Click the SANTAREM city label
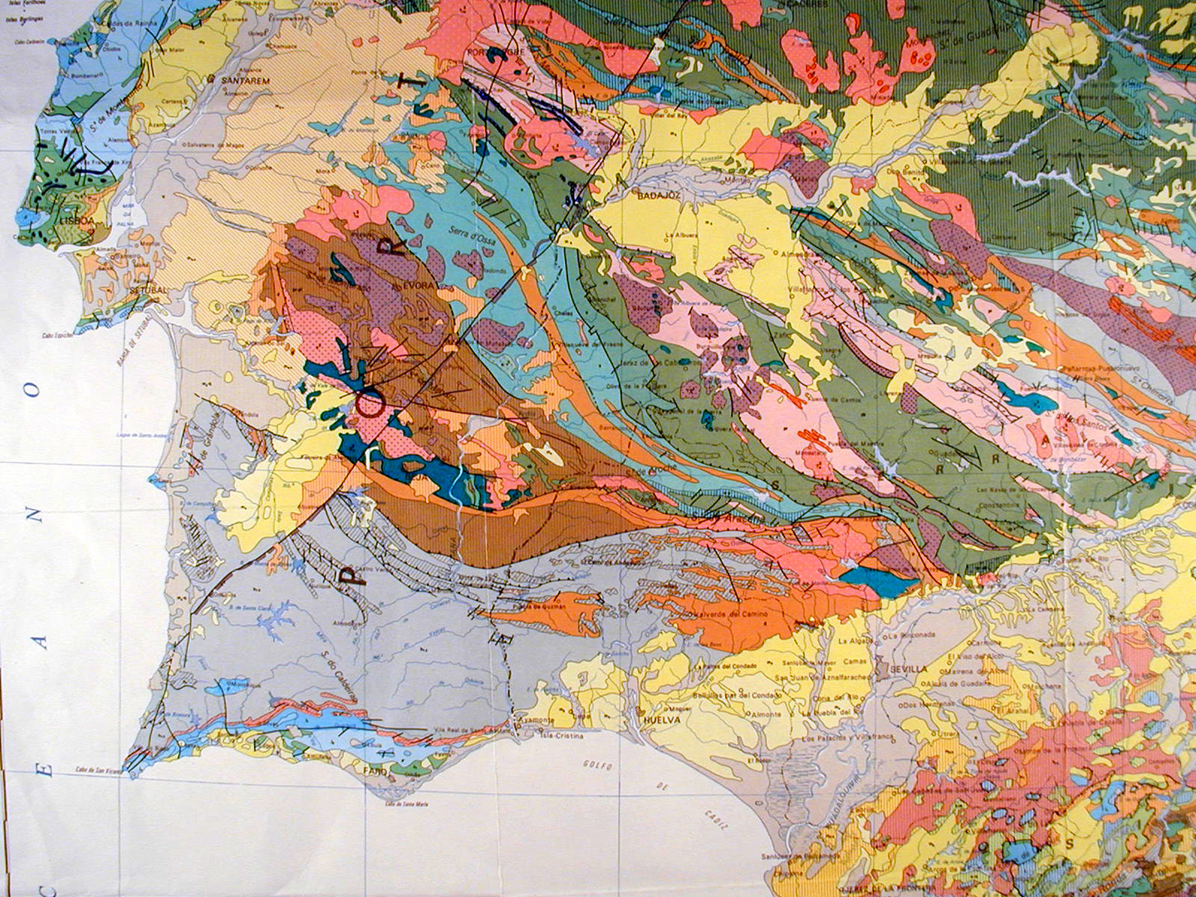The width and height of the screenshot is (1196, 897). pos(243,81)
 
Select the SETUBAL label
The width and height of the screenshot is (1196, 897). pos(151,291)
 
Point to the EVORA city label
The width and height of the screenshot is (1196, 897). pos(419,285)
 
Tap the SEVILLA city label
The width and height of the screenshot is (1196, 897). pos(908,669)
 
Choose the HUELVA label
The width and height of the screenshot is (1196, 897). pos(662,721)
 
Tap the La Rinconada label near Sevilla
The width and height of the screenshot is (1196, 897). pos(913,635)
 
